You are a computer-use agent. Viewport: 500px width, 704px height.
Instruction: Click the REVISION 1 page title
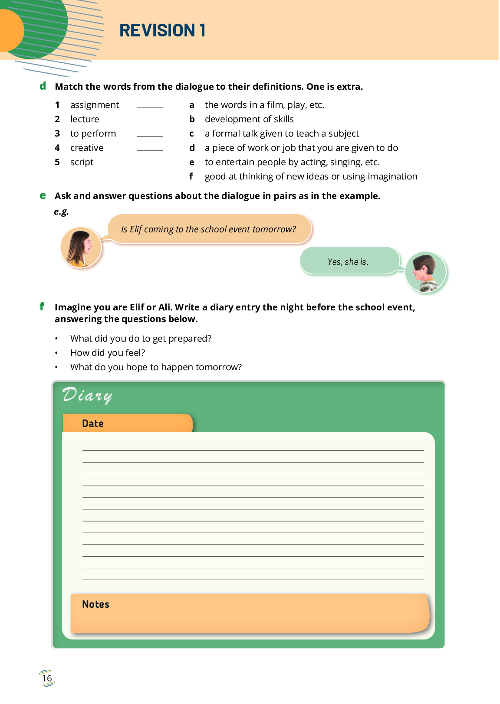[162, 30]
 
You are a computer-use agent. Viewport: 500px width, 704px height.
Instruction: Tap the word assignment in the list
[95, 105]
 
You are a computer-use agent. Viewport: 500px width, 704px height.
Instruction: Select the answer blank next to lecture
[150, 120]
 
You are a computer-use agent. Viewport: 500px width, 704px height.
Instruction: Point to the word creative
[87, 148]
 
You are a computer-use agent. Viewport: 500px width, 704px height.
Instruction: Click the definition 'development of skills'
[249, 119]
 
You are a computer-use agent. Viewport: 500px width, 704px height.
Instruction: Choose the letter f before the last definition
[191, 176]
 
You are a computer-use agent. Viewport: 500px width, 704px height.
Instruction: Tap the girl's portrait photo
[81, 248]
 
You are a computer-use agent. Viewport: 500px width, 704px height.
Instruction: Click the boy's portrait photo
[425, 272]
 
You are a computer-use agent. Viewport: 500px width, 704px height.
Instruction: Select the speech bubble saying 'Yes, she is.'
[348, 261]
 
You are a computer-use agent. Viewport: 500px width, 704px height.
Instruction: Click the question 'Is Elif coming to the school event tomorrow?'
[209, 229]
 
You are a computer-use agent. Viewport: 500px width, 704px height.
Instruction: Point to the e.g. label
[61, 212]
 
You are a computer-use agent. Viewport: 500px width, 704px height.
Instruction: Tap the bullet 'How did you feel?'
[108, 353]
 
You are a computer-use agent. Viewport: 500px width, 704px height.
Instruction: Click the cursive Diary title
[87, 395]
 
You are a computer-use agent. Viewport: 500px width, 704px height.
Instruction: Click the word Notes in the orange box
[95, 604]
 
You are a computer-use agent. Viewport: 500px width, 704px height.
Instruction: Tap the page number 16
[47, 678]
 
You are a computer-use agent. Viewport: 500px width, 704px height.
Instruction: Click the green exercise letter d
[43, 86]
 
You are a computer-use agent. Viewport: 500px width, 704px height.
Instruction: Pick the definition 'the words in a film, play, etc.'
[264, 105]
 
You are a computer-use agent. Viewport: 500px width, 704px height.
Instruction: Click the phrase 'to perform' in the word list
[93, 134]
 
